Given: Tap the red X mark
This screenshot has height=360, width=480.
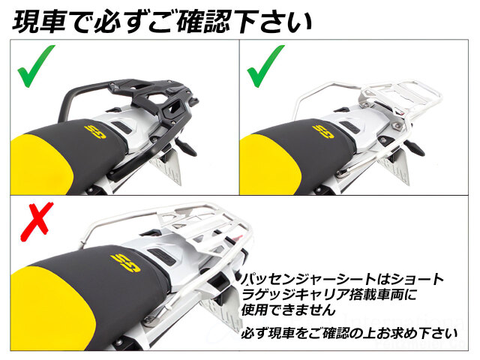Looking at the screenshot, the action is (x=36, y=221).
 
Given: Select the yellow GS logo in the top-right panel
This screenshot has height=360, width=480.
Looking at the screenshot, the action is (x=323, y=132).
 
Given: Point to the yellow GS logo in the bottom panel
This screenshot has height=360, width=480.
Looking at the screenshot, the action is (x=126, y=263).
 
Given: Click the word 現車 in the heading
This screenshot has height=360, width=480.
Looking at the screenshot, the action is (x=39, y=22).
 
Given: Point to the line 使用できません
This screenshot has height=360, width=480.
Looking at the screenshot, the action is (x=288, y=310).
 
